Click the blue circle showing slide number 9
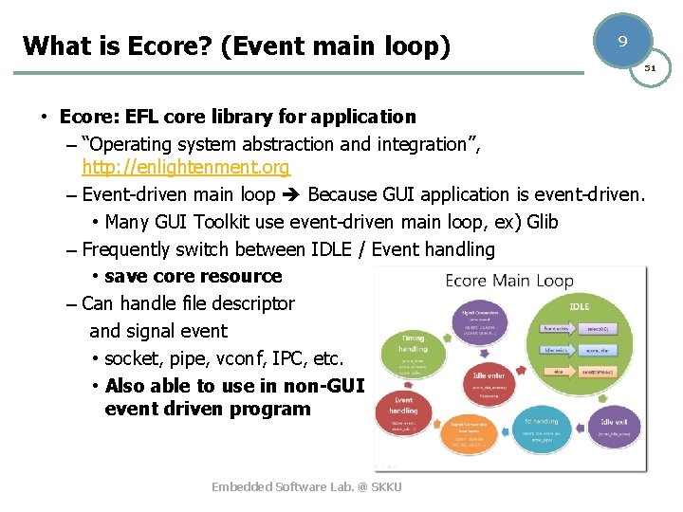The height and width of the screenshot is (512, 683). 621,42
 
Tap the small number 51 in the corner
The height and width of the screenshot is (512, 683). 651,68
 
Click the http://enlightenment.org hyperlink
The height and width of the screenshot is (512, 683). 186,167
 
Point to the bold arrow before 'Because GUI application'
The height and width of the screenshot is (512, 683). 289,195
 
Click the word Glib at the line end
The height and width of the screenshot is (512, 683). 542,222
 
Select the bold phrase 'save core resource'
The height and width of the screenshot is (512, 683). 194,276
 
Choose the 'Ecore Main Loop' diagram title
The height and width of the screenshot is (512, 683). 509,281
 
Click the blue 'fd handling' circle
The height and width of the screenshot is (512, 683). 542,428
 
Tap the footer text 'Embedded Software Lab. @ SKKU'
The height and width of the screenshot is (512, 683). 306,486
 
